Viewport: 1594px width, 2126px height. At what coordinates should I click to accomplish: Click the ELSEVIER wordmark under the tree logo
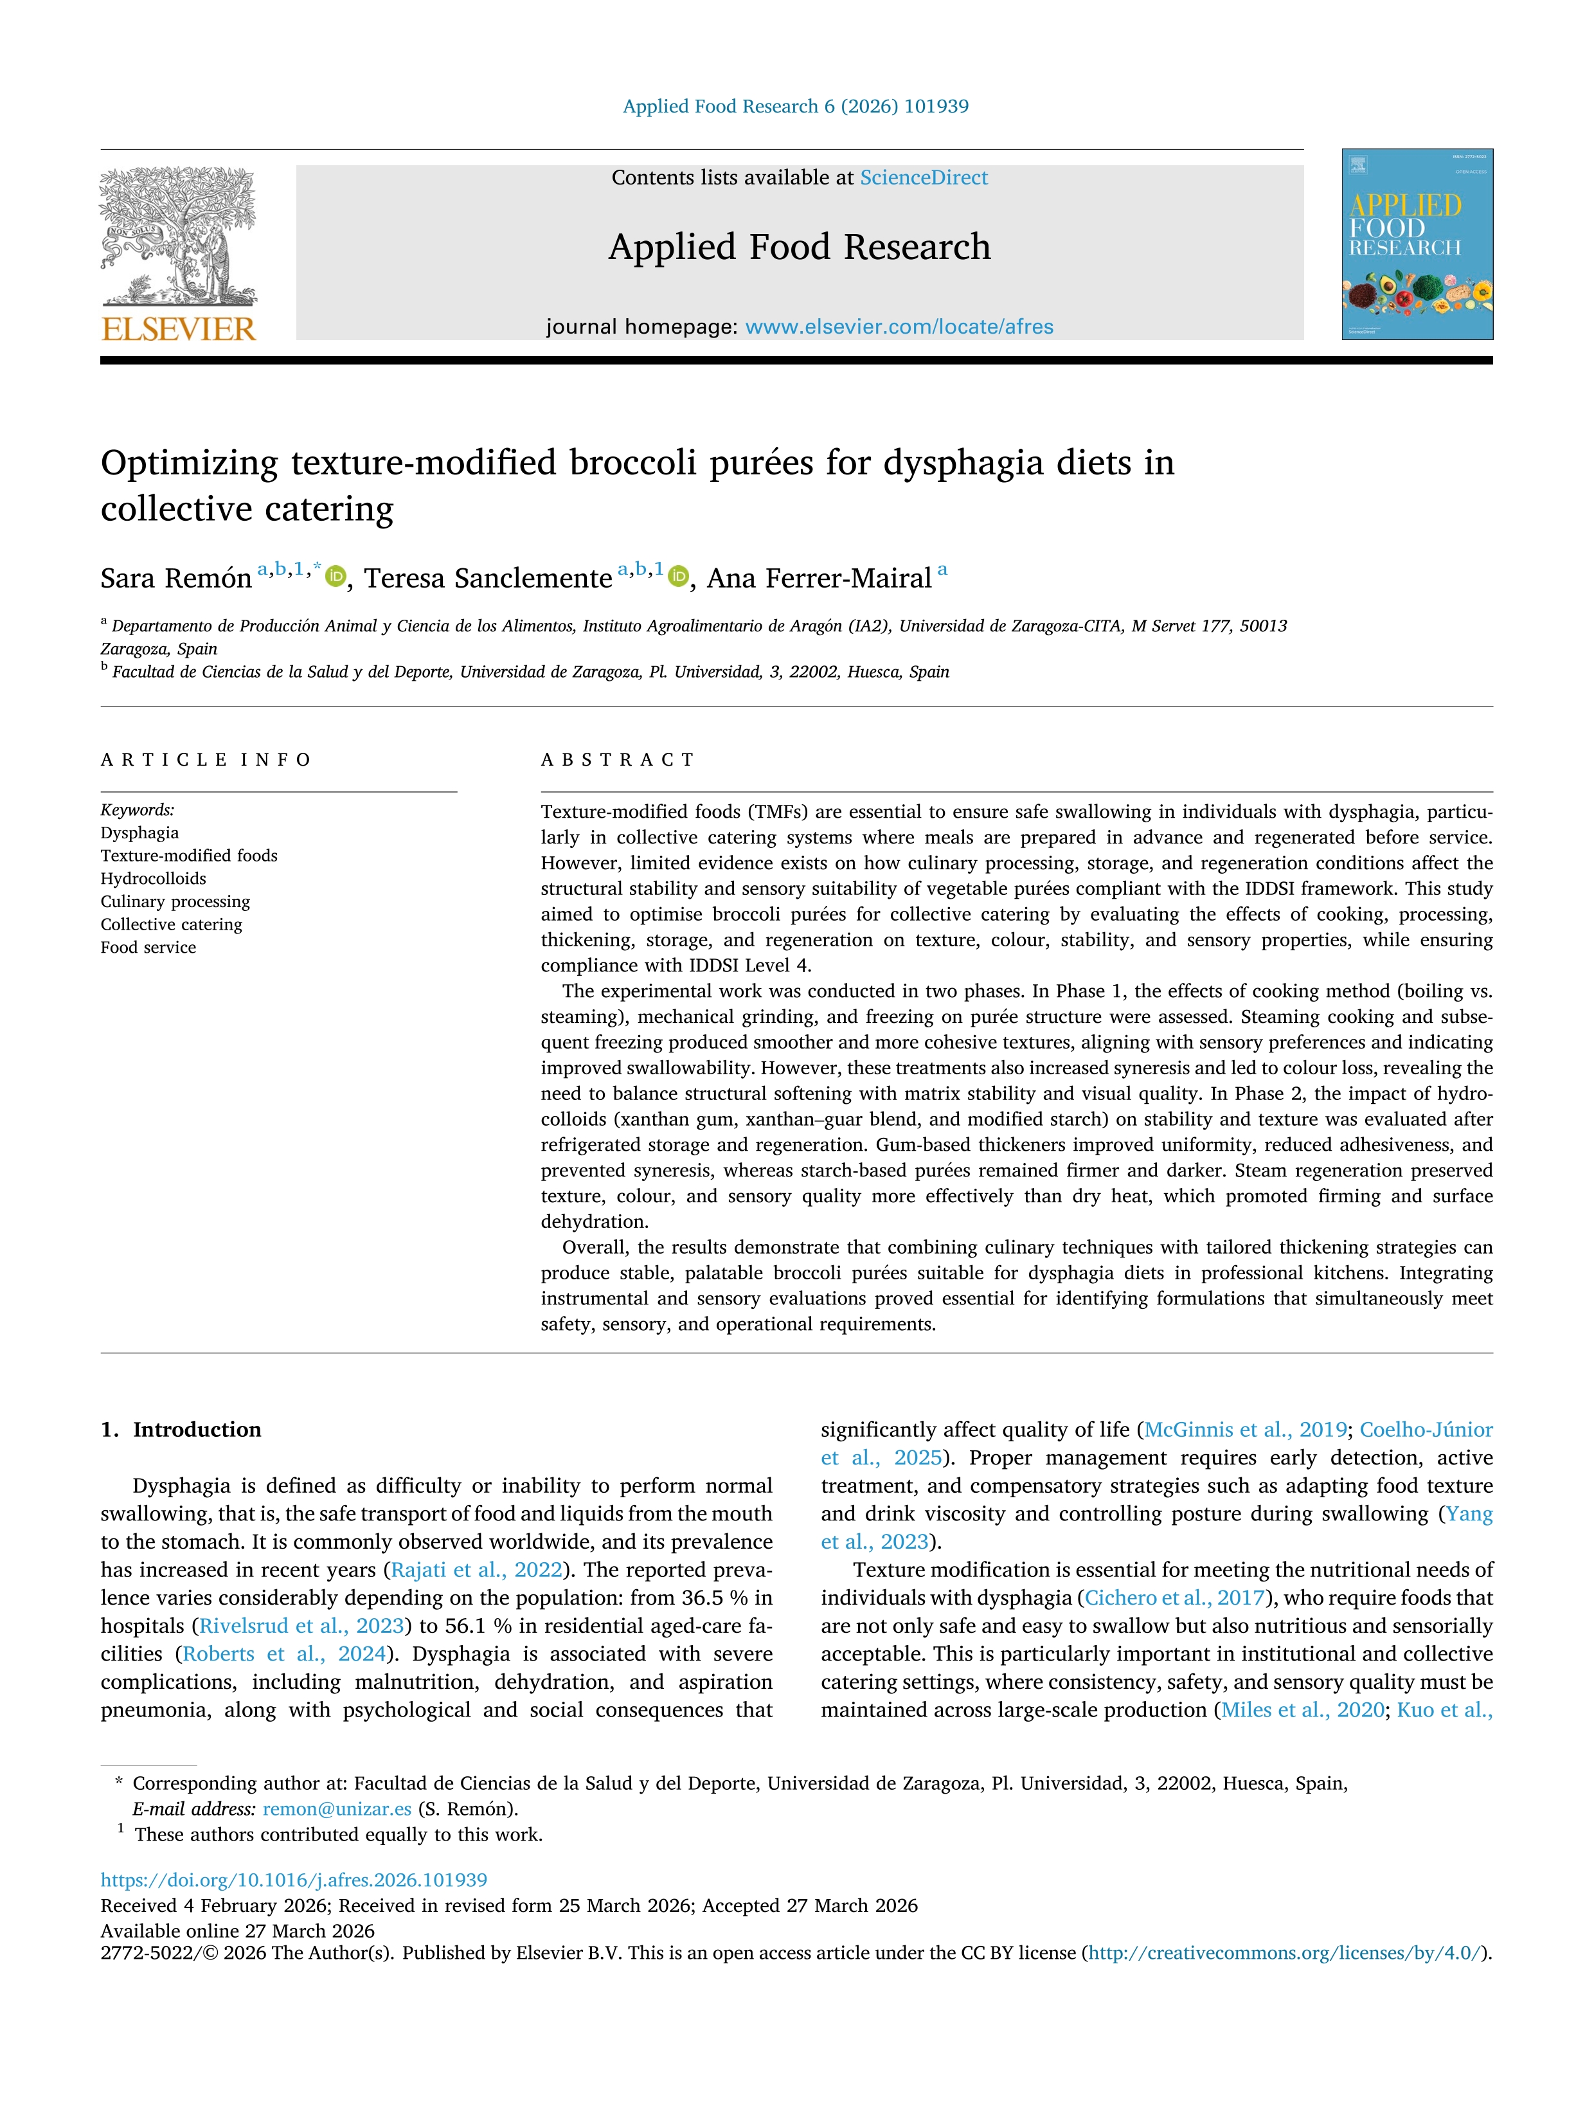coord(179,330)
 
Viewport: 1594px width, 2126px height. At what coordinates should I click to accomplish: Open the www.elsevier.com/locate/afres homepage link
coord(899,327)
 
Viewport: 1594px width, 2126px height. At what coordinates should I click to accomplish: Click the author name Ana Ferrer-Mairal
coord(819,579)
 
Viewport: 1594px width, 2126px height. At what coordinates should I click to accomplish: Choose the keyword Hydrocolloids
coord(153,878)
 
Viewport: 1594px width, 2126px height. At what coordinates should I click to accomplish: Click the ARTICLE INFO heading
coord(206,761)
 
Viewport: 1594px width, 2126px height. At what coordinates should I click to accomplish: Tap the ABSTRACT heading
coord(617,761)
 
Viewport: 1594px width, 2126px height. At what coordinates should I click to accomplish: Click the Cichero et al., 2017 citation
coord(1174,1598)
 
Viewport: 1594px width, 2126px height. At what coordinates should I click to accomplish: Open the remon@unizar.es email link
coord(336,1809)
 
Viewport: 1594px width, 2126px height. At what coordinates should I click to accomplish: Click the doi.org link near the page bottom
coord(294,1880)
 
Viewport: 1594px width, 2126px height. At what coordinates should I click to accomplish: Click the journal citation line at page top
coord(796,107)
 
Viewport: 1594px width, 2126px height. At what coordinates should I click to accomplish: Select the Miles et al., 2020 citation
coord(1302,1710)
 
